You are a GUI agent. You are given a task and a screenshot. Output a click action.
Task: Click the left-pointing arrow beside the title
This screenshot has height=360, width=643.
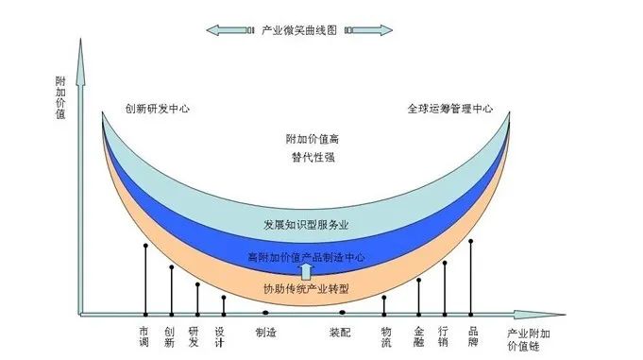(229, 31)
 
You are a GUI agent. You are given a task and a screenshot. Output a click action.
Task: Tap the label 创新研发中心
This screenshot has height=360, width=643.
(158, 109)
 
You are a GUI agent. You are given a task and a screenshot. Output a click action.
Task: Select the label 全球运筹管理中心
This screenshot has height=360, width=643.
(450, 109)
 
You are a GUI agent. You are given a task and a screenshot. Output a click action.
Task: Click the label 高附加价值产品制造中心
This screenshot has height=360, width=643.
(306, 257)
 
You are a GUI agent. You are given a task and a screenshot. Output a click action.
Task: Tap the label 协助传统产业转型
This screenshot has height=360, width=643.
(306, 288)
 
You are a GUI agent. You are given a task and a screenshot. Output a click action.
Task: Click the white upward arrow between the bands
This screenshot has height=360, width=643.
(306, 272)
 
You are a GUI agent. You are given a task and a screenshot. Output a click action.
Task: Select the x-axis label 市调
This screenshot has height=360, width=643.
(144, 336)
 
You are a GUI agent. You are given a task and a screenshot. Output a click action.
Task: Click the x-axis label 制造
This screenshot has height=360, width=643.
(265, 332)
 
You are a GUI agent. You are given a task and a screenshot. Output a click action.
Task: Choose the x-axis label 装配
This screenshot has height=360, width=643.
(341, 332)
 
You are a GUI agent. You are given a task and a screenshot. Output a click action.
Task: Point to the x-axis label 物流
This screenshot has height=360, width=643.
(385, 336)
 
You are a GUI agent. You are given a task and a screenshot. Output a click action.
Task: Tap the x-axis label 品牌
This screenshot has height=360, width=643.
(471, 336)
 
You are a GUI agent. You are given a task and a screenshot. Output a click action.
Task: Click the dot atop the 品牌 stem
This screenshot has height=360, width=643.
(470, 241)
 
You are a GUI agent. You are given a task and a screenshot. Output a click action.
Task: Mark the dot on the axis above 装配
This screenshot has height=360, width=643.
(342, 312)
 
